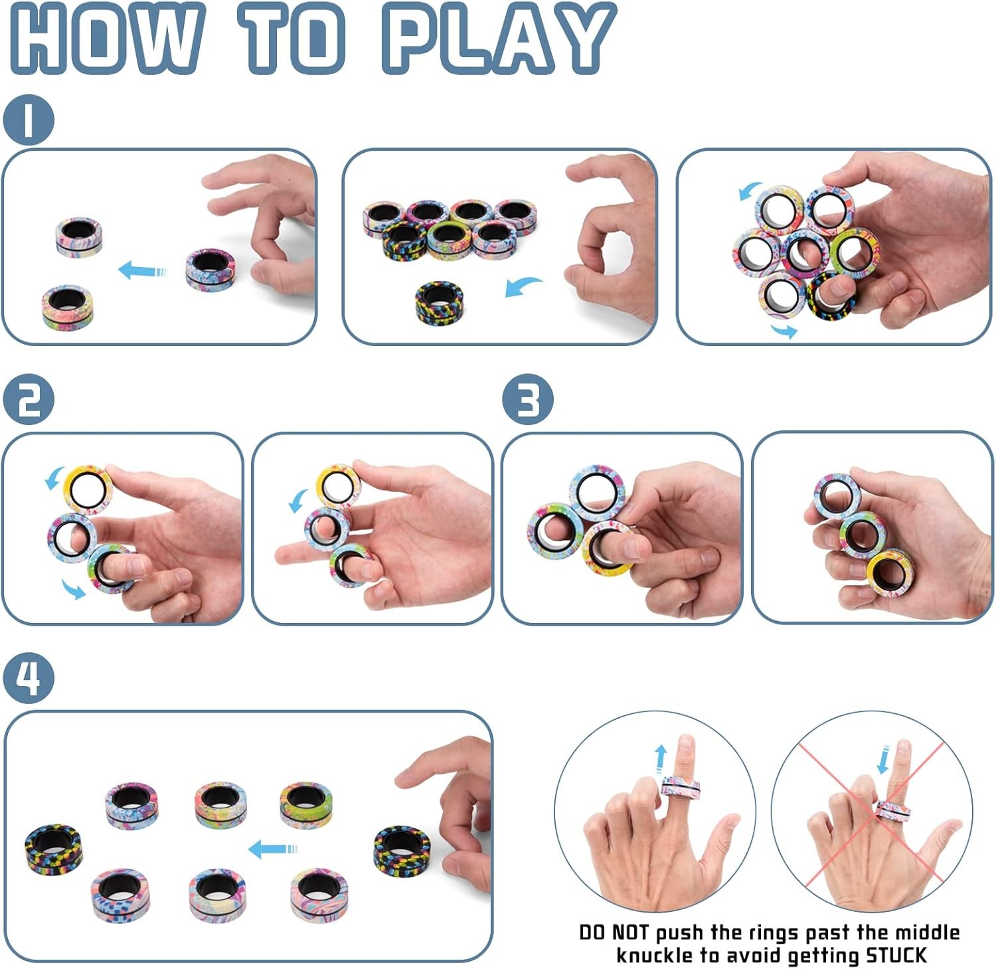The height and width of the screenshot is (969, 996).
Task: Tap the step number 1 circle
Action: tap(28, 120)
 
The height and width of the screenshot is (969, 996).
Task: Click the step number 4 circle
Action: tap(28, 678)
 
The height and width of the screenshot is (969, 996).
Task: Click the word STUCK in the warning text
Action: tap(896, 955)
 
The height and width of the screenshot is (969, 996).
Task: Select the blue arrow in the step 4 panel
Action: tap(272, 848)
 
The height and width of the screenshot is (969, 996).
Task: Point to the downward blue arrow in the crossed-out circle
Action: tap(883, 759)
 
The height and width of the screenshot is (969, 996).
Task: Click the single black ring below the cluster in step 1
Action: tap(439, 301)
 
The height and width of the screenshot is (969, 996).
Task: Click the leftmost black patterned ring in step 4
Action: tap(54, 848)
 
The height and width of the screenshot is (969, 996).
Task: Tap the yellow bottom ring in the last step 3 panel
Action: tap(890, 571)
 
